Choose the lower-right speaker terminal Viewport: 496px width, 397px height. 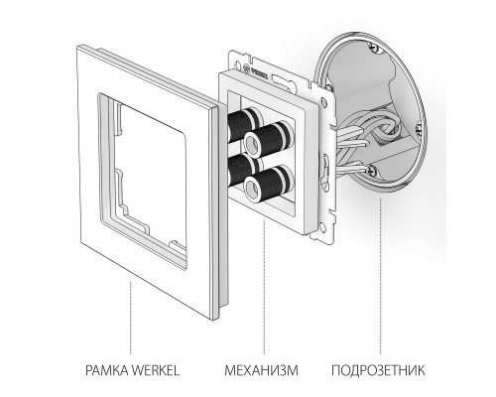click(266, 185)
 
